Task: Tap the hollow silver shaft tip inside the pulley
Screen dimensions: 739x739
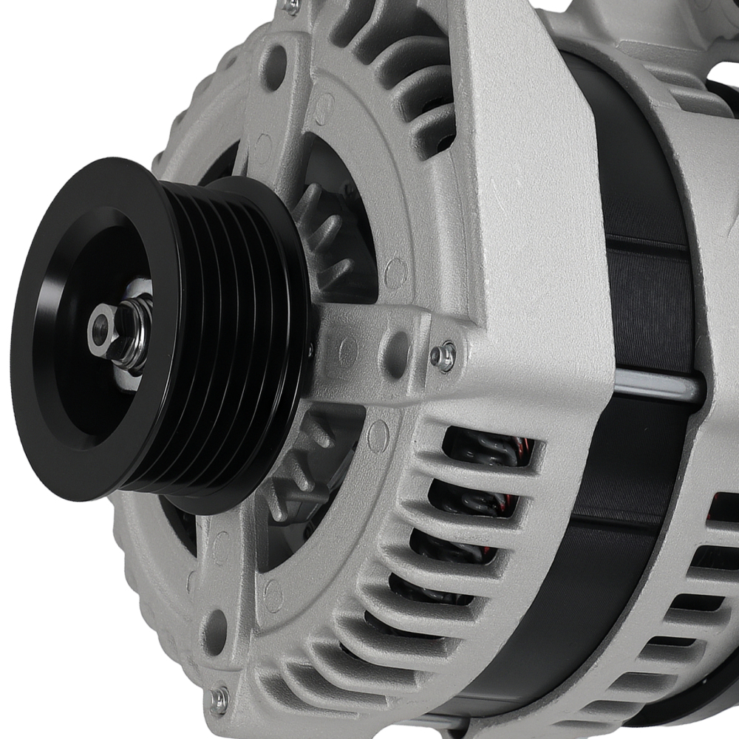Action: click(x=101, y=325)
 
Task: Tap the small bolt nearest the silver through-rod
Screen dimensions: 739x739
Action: click(x=443, y=357)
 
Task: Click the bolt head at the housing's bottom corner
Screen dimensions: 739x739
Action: click(x=219, y=698)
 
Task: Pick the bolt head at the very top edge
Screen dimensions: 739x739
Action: click(x=291, y=6)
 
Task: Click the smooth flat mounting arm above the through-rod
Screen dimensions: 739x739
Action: click(x=532, y=222)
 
